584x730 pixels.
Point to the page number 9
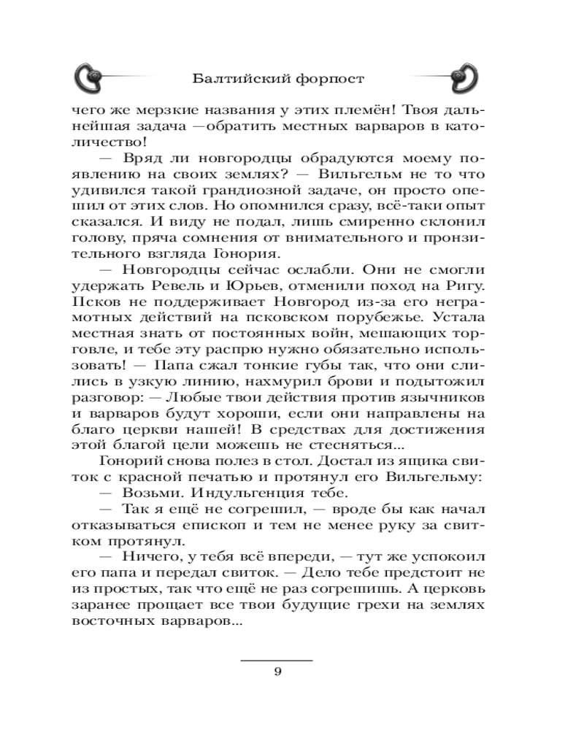tap(277, 673)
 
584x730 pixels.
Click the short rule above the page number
tap(277, 660)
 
